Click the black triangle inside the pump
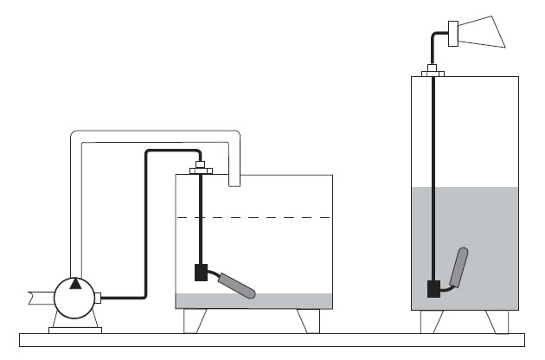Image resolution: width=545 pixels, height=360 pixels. (76, 283)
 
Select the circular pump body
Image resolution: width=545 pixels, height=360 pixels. (76, 299)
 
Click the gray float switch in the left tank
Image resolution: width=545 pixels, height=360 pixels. (236, 285)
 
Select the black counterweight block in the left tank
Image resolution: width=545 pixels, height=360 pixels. (201, 273)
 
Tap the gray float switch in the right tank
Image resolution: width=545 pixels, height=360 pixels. (459, 267)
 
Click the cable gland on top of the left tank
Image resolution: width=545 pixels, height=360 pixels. (200, 167)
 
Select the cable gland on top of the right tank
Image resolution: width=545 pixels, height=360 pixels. (432, 71)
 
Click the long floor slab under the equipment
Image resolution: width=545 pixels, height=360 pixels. (272, 340)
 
